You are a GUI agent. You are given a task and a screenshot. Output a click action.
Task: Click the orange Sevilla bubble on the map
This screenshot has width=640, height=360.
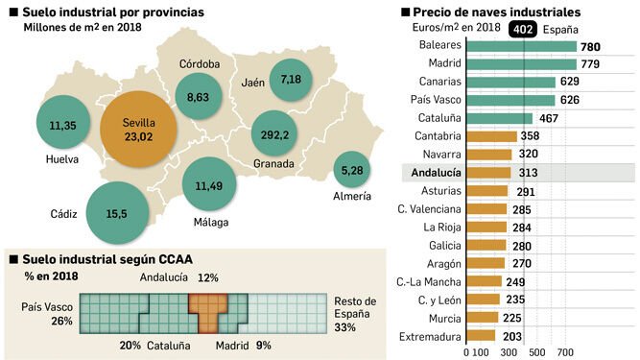(x=138, y=129)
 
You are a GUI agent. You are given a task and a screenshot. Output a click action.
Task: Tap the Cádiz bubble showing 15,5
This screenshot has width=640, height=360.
(x=118, y=213)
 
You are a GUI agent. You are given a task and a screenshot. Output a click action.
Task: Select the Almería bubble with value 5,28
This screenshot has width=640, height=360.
(x=352, y=170)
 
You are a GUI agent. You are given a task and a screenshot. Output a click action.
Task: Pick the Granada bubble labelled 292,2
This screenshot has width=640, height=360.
(x=274, y=133)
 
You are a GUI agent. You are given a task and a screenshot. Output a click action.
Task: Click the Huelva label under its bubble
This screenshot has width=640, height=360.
(x=62, y=159)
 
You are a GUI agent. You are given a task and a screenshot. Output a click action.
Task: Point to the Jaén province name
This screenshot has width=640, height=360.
(x=252, y=83)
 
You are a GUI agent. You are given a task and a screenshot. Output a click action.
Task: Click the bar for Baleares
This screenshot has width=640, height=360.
(x=521, y=46)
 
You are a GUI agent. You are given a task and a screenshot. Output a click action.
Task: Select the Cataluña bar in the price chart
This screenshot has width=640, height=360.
(x=500, y=118)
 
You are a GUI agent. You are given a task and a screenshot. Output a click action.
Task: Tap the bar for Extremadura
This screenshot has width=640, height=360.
(x=481, y=336)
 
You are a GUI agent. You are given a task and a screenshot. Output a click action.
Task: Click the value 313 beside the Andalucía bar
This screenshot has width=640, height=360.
(x=528, y=173)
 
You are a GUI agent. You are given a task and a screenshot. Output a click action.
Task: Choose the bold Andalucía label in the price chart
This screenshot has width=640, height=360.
(x=436, y=173)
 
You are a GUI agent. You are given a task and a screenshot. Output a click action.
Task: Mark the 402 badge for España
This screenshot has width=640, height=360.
(x=523, y=30)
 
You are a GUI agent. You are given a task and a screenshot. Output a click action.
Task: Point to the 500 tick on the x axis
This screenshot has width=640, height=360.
(x=536, y=352)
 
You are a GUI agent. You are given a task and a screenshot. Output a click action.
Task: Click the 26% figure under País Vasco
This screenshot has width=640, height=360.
(x=62, y=321)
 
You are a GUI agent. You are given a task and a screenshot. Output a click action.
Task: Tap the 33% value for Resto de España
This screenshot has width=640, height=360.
(x=344, y=327)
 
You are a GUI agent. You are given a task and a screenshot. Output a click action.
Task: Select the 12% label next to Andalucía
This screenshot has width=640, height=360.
(x=208, y=278)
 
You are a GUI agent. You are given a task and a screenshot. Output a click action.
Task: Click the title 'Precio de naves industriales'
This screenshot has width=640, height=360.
(x=497, y=12)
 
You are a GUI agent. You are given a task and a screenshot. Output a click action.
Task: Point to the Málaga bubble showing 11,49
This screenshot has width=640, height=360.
(x=209, y=184)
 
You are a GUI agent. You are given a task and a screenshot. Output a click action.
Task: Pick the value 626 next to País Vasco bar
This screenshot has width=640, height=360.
(x=570, y=100)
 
